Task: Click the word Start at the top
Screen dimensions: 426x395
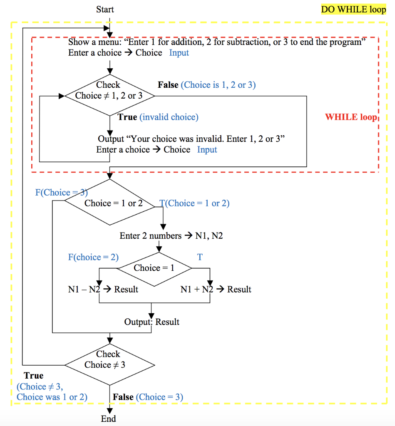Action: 105,9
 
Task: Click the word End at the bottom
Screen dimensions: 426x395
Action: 108,419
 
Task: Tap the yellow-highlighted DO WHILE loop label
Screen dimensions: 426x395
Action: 353,9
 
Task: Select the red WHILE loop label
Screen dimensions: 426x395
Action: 350,117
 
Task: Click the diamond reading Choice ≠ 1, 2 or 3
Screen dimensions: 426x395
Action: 109,96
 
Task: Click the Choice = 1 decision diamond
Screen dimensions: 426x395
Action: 154,268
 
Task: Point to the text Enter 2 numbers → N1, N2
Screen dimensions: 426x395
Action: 171,236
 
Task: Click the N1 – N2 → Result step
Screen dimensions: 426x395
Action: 103,289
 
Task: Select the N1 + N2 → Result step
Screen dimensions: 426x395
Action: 216,289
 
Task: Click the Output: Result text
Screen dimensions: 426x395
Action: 152,322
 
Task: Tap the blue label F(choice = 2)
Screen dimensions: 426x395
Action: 93,257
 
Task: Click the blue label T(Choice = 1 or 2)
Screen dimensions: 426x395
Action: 194,203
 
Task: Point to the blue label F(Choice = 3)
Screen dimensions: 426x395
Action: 61,192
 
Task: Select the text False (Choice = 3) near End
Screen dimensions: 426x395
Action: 148,397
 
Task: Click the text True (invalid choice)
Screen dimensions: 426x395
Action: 158,117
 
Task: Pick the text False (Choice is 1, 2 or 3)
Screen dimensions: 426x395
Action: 206,85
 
